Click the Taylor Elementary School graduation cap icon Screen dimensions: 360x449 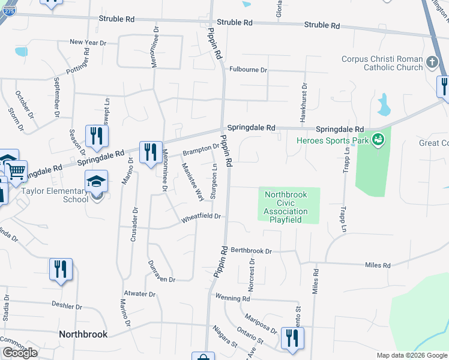click(96, 181)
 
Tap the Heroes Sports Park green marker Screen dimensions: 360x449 click(378, 140)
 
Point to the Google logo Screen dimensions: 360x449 click(20, 353)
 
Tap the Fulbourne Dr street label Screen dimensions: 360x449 click(247, 70)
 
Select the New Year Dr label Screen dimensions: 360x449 click(88, 43)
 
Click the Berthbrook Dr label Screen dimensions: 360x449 click(252, 251)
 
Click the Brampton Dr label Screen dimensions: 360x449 click(200, 148)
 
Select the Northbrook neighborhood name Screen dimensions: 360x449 click(83, 334)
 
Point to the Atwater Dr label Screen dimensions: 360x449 click(139, 295)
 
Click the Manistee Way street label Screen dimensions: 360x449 click(193, 182)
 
